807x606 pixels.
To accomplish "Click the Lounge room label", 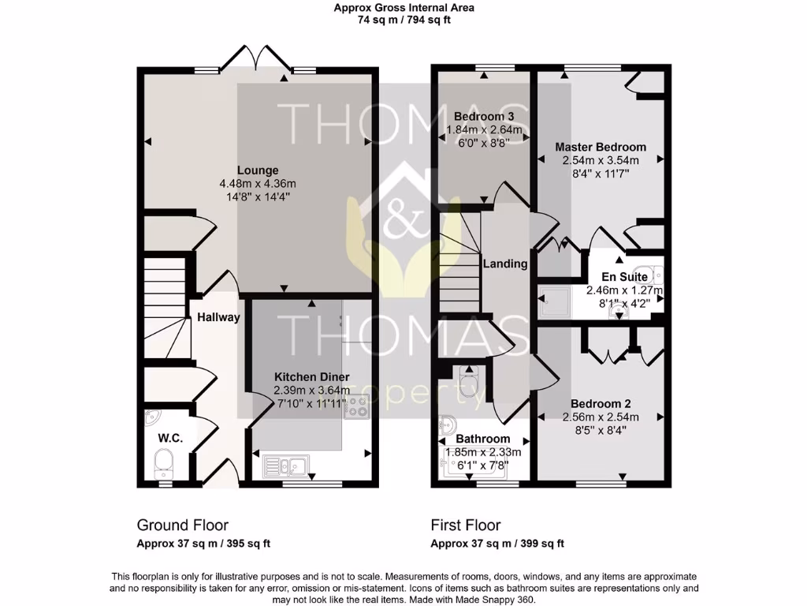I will pyautogui.click(x=259, y=170).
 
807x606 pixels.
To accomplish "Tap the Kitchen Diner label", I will pyautogui.click(x=311, y=377).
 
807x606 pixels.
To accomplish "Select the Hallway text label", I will pyautogui.click(x=218, y=317).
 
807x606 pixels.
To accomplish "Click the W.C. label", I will pyautogui.click(x=170, y=437).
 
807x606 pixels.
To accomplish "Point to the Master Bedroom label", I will pyautogui.click(x=601, y=147).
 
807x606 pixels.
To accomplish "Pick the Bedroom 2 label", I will pyautogui.click(x=601, y=404).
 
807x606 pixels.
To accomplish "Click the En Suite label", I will pyautogui.click(x=624, y=277).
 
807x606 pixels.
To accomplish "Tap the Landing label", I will pyautogui.click(x=504, y=264).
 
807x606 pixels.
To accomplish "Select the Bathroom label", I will pyautogui.click(x=483, y=439).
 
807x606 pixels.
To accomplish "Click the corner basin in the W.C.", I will pyautogui.click(x=153, y=418).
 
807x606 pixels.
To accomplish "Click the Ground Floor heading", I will pyautogui.click(x=183, y=526).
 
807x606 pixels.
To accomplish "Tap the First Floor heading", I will pyautogui.click(x=466, y=526).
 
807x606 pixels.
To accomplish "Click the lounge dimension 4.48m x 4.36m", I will pyautogui.click(x=259, y=184).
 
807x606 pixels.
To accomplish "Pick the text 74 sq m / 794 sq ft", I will pyautogui.click(x=403, y=21).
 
